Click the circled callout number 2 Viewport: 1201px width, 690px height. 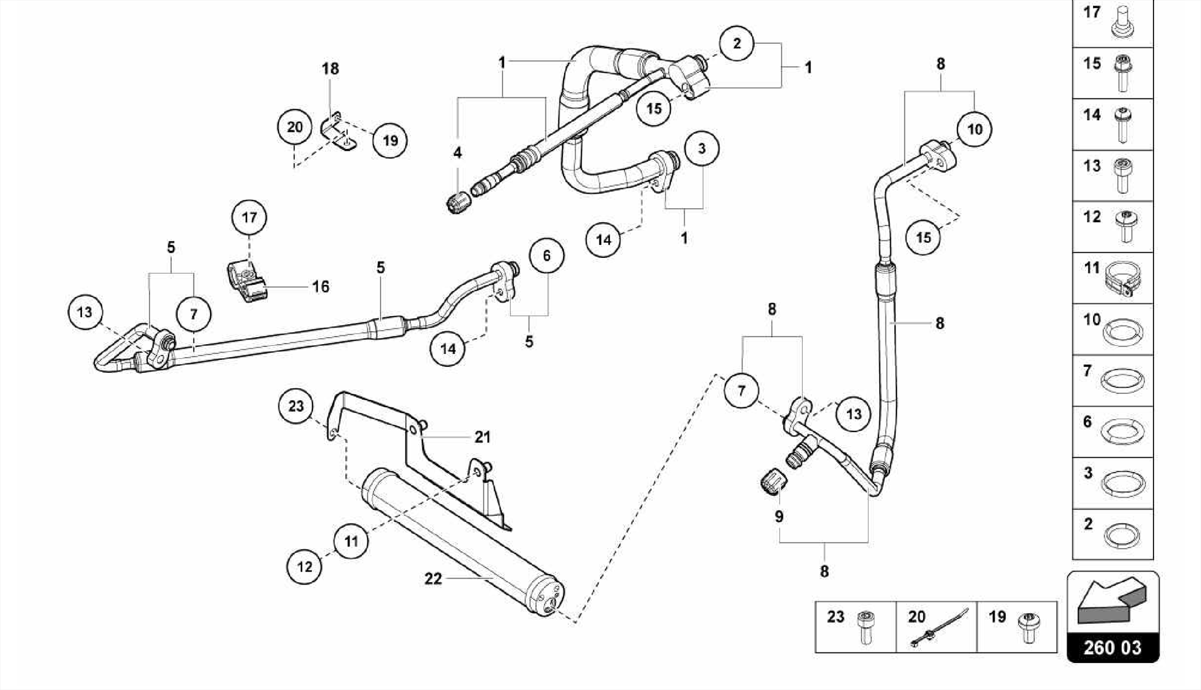point(737,43)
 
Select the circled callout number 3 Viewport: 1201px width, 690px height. point(701,149)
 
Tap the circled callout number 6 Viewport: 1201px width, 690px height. point(547,256)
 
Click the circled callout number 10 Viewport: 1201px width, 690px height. point(974,129)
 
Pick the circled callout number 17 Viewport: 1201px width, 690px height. point(249,217)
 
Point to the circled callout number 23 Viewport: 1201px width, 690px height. point(296,406)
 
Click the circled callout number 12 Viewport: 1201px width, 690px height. point(304,567)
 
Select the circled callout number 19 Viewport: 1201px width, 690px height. point(390,140)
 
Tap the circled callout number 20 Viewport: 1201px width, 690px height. point(294,127)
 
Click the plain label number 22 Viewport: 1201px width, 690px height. point(433,579)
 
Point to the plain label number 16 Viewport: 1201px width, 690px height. point(320,287)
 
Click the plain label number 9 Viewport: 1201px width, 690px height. point(779,516)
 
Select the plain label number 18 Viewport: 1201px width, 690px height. point(330,69)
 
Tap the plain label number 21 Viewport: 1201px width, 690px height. point(482,437)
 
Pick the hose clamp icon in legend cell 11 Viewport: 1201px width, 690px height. point(1121,279)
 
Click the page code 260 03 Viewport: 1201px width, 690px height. point(1112,647)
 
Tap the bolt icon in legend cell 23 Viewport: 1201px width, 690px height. point(865,627)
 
